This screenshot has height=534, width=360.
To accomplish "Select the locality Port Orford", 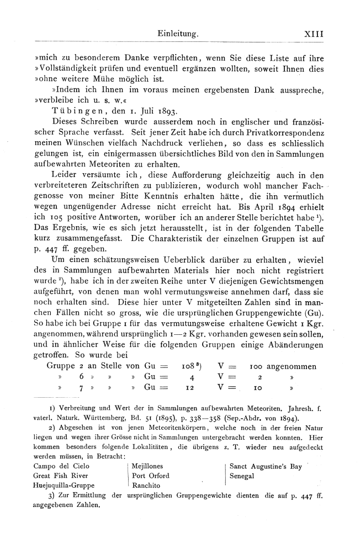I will click(x=151, y=476).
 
